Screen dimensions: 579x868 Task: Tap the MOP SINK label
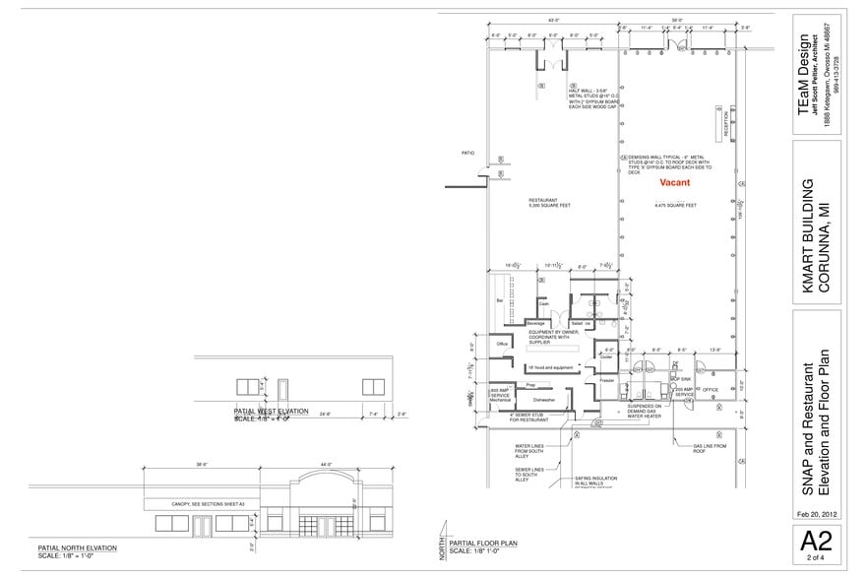click(x=680, y=378)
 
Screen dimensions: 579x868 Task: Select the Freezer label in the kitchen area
click(x=606, y=379)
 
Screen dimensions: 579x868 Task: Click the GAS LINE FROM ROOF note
click(x=710, y=448)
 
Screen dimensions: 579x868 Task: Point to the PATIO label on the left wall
click(x=468, y=153)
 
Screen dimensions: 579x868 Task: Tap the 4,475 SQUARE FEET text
click(x=676, y=205)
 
